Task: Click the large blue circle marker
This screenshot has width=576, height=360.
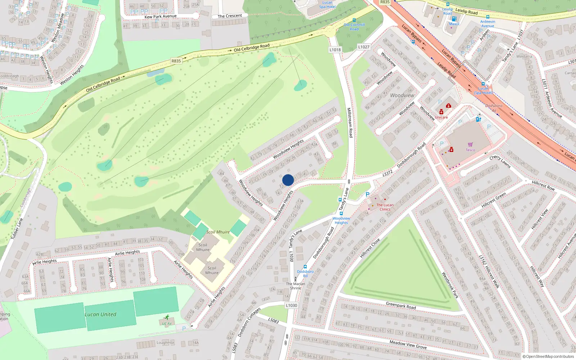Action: (288, 180)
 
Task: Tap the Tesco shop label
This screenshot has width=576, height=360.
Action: (470, 150)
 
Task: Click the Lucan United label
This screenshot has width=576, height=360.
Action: (100, 314)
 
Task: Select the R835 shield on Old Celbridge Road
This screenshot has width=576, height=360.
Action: (176, 61)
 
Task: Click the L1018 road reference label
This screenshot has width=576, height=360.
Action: (335, 50)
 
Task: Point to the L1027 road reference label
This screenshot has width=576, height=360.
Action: (364, 47)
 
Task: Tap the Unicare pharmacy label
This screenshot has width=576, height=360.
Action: (441, 117)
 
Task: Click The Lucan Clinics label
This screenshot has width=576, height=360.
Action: (385, 207)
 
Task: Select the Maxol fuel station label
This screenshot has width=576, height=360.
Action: (454, 24)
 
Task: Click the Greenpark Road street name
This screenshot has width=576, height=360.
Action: (401, 306)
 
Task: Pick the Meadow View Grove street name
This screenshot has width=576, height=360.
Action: (408, 345)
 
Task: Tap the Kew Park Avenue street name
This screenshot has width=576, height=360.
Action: (161, 17)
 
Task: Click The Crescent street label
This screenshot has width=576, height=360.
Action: (230, 16)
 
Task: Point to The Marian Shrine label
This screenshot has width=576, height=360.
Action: (296, 286)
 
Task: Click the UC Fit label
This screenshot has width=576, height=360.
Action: (167, 324)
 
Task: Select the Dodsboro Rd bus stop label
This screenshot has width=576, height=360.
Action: (305, 274)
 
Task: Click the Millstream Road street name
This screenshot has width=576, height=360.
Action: (349, 122)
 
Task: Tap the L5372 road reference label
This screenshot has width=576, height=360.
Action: (387, 173)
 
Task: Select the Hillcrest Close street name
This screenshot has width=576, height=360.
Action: (370, 248)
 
